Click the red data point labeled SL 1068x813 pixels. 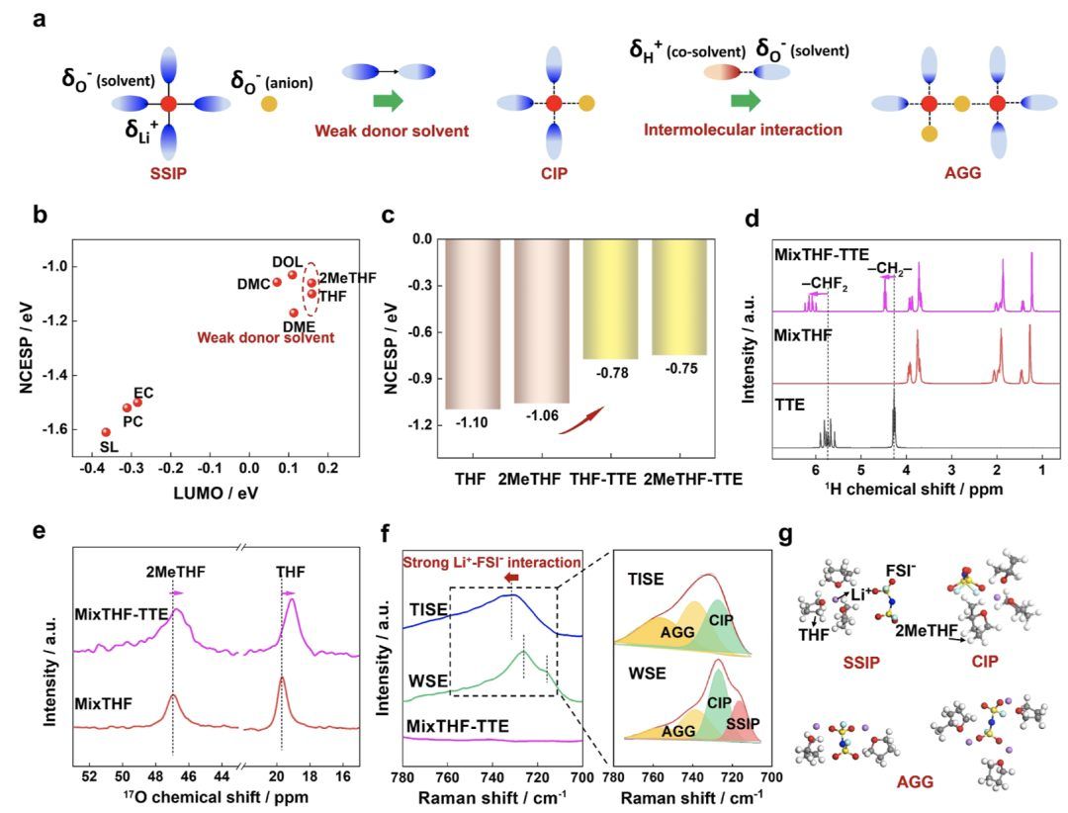pos(106,432)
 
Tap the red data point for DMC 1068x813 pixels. pos(277,282)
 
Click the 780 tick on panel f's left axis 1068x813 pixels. pos(402,777)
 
